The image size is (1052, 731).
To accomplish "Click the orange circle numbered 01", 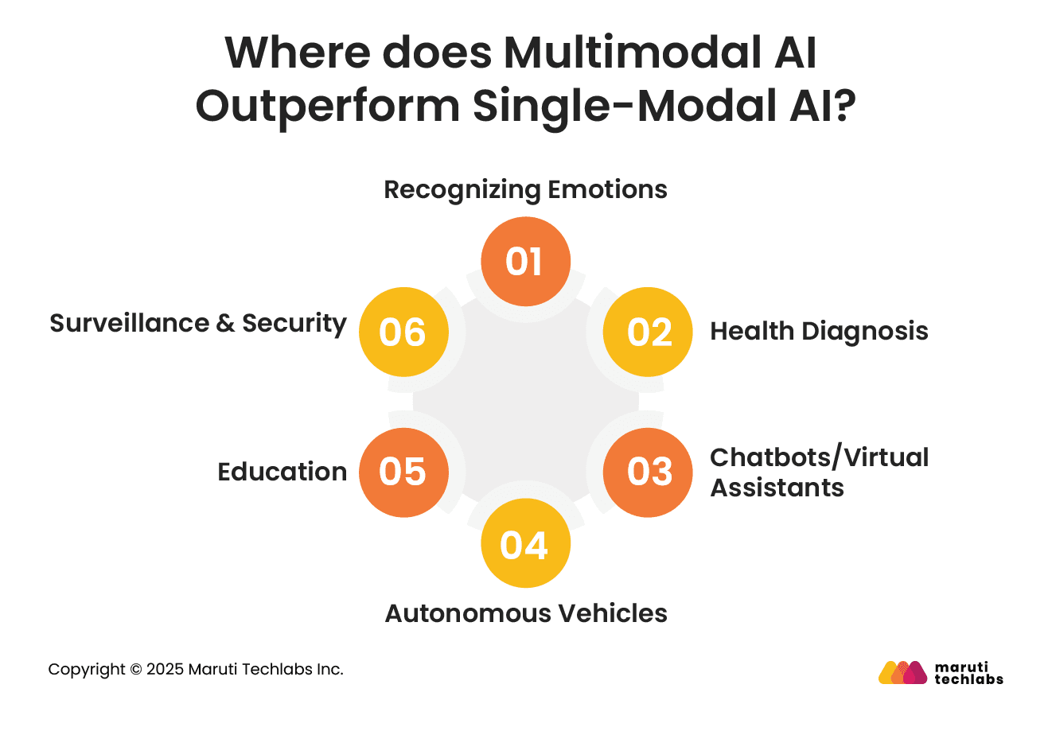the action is [525, 261].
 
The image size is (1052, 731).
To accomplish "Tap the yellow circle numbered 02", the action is [648, 332].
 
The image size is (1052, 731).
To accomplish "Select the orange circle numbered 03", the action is [648, 472].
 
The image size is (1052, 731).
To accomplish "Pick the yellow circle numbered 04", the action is [525, 542].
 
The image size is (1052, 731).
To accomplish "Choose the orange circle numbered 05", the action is [404, 472].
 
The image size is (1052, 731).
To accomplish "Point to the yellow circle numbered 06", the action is [404, 332].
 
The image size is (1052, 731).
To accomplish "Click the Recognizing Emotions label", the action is [525, 190].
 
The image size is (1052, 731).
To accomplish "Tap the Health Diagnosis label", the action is [819, 332].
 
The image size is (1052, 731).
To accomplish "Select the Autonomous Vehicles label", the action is [526, 613].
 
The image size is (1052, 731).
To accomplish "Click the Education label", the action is [282, 472].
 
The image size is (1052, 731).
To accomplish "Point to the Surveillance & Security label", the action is [198, 324].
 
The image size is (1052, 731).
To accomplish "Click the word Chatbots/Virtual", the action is [820, 457].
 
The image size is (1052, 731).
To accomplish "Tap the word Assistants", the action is [777, 488].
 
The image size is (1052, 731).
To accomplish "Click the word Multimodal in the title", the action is [633, 52].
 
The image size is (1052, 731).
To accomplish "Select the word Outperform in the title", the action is [328, 107].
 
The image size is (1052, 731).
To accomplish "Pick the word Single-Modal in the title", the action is [625, 107].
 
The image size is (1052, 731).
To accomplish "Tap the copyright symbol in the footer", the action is [136, 670].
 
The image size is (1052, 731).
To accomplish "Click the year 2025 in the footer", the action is [165, 670].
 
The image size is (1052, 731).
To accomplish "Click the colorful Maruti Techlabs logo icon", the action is [902, 672].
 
